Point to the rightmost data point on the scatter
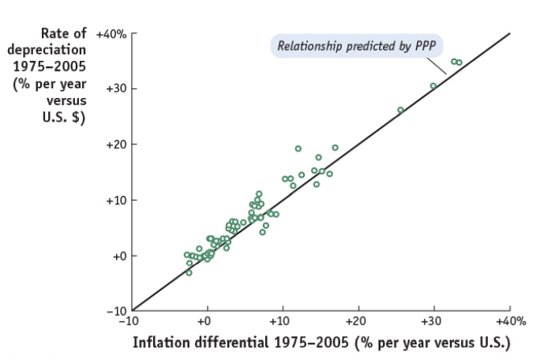pyautogui.click(x=459, y=62)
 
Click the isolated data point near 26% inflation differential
pyautogui.click(x=400, y=111)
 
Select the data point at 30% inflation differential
pyautogui.click(x=433, y=86)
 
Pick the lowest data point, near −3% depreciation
pyautogui.click(x=189, y=272)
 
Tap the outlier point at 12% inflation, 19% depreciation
pyautogui.click(x=298, y=148)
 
